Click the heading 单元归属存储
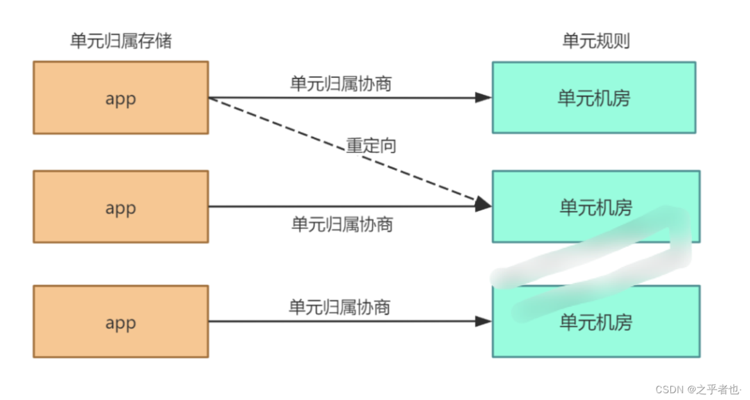(x=121, y=41)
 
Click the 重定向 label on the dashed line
(x=371, y=146)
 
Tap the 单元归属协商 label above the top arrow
(x=341, y=84)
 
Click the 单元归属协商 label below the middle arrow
(x=342, y=224)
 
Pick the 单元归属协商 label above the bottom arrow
(x=340, y=307)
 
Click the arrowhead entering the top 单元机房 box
(x=483, y=98)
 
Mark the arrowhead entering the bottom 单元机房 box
(x=483, y=321)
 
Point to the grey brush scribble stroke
(x=592, y=261)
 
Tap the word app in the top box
(x=120, y=98)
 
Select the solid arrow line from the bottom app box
(x=346, y=321)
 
